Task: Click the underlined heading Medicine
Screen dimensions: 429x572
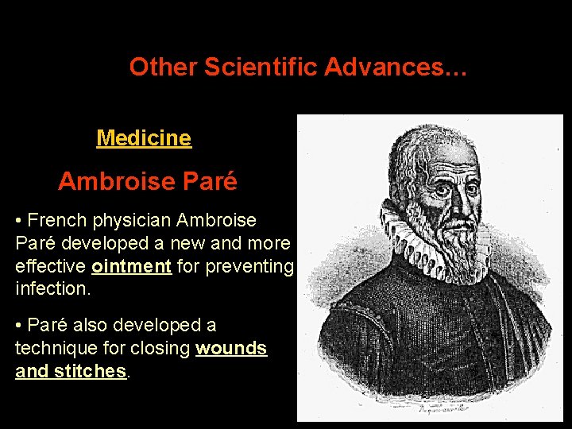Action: click(144, 138)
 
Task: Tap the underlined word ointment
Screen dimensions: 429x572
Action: click(132, 266)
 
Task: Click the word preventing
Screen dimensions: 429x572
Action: click(249, 266)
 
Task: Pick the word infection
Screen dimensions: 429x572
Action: click(52, 288)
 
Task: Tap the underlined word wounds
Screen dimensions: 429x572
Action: click(231, 348)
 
